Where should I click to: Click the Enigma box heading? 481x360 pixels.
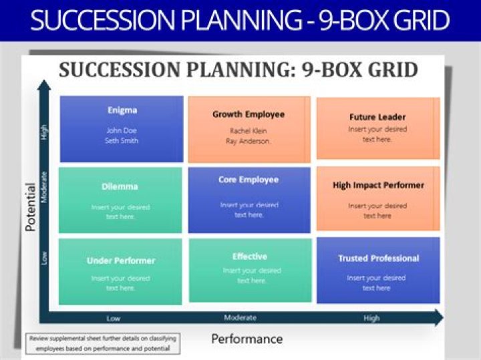click(122, 110)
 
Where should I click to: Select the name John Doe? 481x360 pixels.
click(122, 130)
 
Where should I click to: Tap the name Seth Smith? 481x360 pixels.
click(122, 141)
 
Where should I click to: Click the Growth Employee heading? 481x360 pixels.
click(249, 114)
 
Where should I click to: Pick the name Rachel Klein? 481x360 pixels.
click(249, 131)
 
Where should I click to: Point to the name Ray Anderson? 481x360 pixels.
click(249, 142)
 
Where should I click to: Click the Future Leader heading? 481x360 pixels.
click(377, 117)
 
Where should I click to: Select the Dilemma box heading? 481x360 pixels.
click(120, 187)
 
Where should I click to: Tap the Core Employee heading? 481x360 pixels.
click(249, 180)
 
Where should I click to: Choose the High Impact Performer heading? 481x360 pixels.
click(378, 185)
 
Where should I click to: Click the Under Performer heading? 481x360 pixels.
click(121, 260)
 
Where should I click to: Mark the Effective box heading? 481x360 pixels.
click(250, 256)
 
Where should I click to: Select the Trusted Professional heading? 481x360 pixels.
click(378, 258)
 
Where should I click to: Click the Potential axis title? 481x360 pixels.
click(30, 207)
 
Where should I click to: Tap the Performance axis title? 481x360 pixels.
click(247, 339)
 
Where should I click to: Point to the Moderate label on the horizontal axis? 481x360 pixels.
click(240, 318)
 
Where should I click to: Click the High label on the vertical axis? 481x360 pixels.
click(45, 132)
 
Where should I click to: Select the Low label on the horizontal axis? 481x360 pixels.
click(114, 319)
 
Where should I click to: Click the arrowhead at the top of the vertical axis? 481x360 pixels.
click(44, 85)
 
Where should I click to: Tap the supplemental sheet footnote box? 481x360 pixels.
click(103, 343)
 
